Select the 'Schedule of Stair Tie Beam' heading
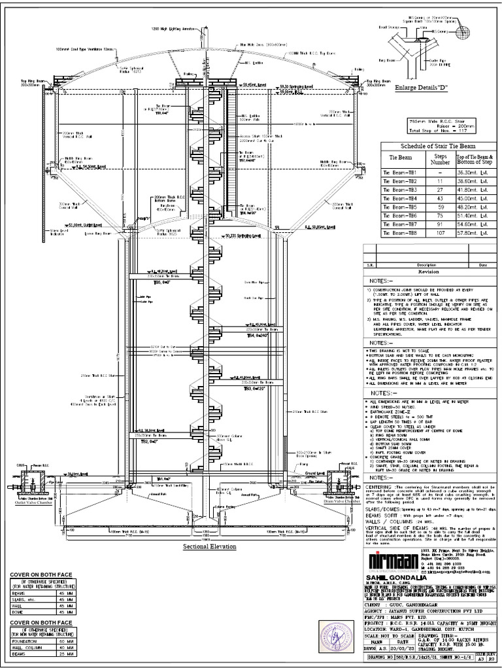(x=433, y=146)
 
